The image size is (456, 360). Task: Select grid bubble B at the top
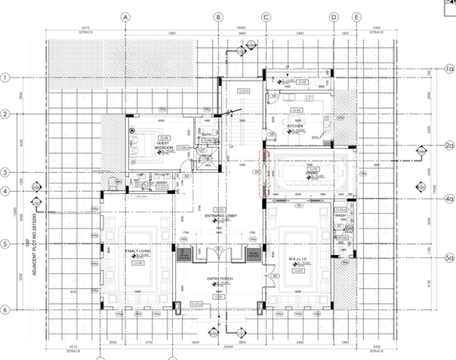[219, 16]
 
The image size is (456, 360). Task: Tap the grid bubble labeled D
[333, 16]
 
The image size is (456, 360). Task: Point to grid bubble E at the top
[357, 16]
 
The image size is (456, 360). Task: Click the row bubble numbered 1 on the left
[5, 77]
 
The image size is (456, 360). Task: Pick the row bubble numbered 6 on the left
[5, 309]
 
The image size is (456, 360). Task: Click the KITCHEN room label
[295, 125]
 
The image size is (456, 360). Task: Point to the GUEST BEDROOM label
[163, 146]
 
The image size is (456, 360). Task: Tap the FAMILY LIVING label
[138, 250]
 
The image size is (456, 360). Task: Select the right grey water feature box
[252, 256]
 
